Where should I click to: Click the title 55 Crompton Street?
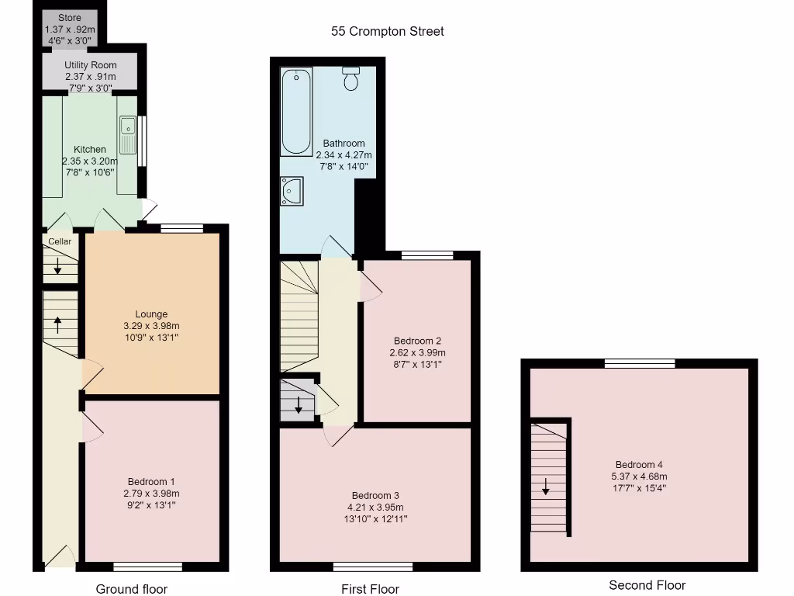(x=388, y=32)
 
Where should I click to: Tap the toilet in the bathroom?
(x=351, y=78)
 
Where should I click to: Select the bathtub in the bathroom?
(x=295, y=112)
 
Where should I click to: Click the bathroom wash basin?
(x=292, y=190)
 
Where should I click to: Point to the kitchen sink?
(x=128, y=133)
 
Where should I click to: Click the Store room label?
(x=69, y=18)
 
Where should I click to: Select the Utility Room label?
(x=91, y=66)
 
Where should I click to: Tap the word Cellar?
(x=60, y=241)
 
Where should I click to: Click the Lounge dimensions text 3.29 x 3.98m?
(x=151, y=326)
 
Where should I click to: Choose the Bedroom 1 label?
(x=151, y=481)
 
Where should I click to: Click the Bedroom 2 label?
(x=417, y=341)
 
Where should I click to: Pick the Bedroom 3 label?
(x=375, y=496)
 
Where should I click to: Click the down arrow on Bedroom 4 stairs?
(x=546, y=487)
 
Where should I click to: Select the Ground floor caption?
(x=131, y=589)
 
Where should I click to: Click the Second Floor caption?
(x=647, y=585)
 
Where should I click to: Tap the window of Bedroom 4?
(x=640, y=362)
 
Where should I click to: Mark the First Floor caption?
(x=370, y=589)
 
